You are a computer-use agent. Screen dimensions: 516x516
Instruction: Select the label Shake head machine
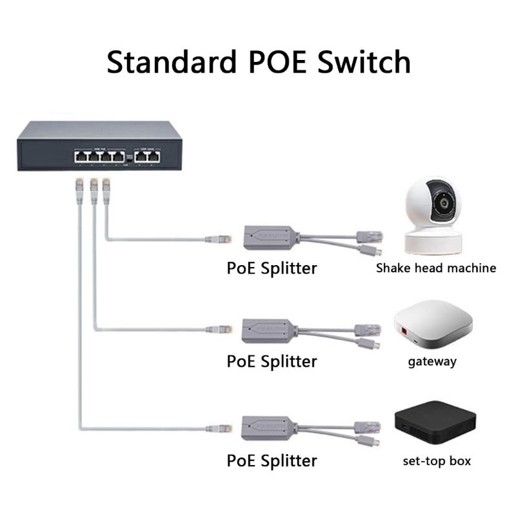pyautogui.click(x=436, y=268)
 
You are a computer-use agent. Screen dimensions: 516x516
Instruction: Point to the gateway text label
pyautogui.click(x=432, y=361)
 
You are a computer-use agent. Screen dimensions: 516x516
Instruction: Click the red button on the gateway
pyautogui.click(x=405, y=333)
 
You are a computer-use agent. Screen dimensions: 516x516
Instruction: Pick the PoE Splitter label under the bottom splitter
pyautogui.click(x=272, y=461)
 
